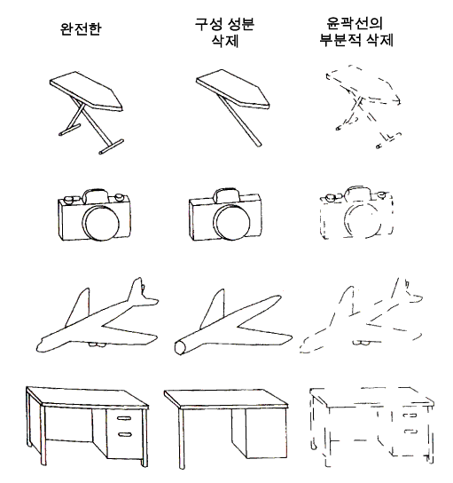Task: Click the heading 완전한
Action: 81,29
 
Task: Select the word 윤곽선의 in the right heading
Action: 355,22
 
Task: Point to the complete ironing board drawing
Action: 86,112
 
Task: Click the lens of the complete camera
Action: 101,223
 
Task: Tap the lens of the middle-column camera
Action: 232,223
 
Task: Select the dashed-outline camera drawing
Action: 356,212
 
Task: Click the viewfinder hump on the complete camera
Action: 95,195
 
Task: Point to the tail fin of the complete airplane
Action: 137,289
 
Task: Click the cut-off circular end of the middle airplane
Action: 180,348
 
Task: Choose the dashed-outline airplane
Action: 362,316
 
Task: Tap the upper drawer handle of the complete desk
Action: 124,418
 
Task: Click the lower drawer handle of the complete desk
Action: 125,435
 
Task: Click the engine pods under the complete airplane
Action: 97,344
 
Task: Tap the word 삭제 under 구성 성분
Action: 225,40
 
